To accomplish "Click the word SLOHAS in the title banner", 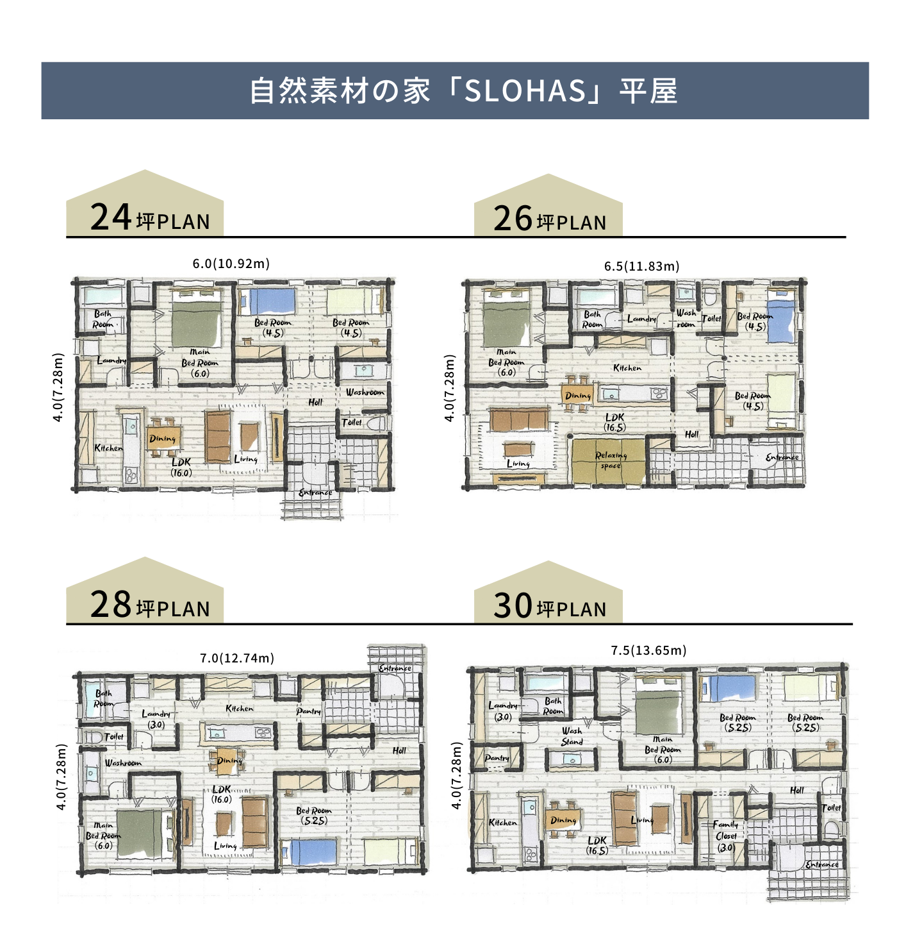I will click(x=525, y=91).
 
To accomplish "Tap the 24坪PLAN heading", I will click(x=150, y=218).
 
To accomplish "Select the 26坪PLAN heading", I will click(x=550, y=219).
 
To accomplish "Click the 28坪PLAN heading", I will click(x=150, y=605).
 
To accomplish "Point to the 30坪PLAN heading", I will click(x=550, y=606).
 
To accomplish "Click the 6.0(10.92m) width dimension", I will click(x=231, y=264).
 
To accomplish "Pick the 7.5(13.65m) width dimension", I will click(x=648, y=650).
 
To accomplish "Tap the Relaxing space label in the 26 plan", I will click(x=611, y=460).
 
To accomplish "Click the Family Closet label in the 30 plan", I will click(x=726, y=836).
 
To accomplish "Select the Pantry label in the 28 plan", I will click(x=308, y=711).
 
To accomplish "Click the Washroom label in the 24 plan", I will click(x=365, y=392).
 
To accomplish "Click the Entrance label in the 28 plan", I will click(x=395, y=668).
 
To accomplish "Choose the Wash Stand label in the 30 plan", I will click(x=572, y=736).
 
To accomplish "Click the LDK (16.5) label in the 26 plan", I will click(x=614, y=422).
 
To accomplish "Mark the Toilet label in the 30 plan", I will click(x=831, y=807).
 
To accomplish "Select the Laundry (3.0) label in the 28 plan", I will click(x=156, y=719).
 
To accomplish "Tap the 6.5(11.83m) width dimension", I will click(x=641, y=266).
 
